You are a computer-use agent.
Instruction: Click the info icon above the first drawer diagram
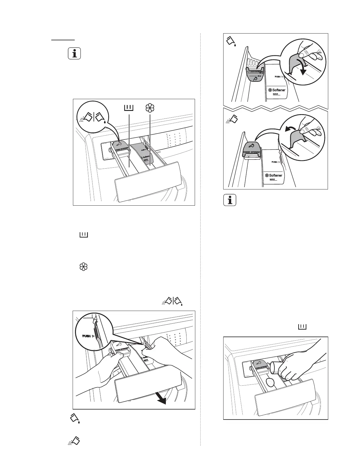[74, 54]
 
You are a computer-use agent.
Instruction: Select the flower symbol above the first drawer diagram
[150, 108]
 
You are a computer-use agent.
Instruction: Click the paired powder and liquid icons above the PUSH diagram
[173, 301]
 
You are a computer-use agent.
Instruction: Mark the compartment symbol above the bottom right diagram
[302, 326]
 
